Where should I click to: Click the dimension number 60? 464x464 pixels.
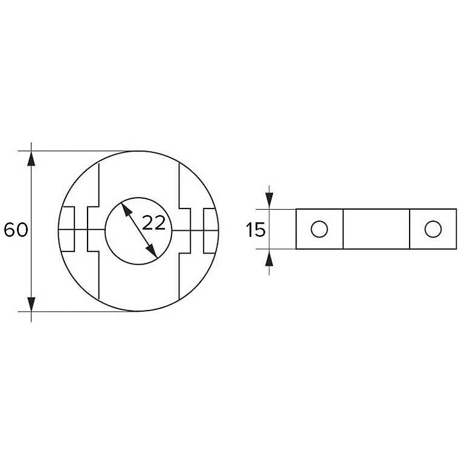[x=16, y=230]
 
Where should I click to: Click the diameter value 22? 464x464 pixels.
[x=153, y=223]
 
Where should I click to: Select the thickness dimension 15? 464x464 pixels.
[x=256, y=230]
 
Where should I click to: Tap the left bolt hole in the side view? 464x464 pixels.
[x=319, y=229]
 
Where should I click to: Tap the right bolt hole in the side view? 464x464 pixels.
[x=433, y=229]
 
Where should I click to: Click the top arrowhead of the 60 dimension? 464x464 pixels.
[x=31, y=159]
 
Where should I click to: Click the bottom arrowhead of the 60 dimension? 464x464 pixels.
[x=31, y=304]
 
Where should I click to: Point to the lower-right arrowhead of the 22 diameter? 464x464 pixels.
[x=152, y=251]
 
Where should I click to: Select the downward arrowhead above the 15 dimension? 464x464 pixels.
[x=269, y=201]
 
